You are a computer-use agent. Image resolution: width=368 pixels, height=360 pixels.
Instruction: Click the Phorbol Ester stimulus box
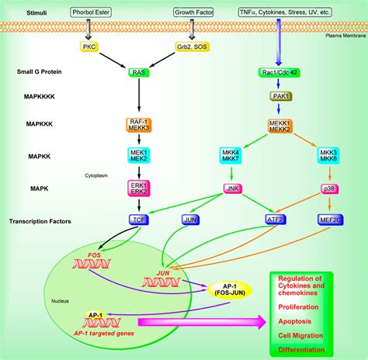coord(92,13)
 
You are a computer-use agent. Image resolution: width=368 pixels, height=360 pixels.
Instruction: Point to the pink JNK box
coord(232,189)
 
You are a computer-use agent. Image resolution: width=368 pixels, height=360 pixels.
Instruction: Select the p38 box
coord(329,189)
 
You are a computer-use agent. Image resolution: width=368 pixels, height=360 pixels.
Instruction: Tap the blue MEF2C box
coord(329,220)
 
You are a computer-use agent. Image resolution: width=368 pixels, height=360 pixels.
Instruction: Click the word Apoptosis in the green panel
coord(304,319)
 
